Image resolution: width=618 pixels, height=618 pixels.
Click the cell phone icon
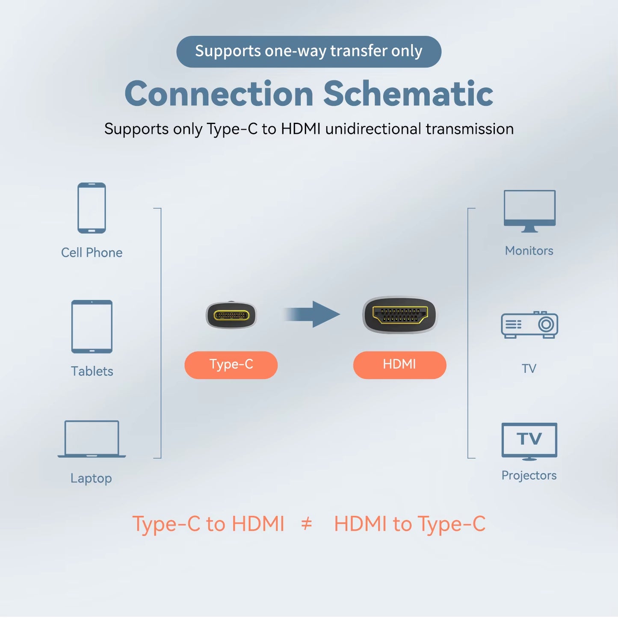click(x=92, y=208)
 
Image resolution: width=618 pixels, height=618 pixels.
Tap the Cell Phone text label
click(x=92, y=253)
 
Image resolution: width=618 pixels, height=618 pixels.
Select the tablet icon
click(x=92, y=326)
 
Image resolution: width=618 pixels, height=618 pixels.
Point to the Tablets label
click(x=92, y=371)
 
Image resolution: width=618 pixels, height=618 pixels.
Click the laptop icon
click(x=92, y=439)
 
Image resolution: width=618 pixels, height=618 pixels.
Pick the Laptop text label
click(x=91, y=478)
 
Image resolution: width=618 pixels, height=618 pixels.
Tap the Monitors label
click(x=529, y=251)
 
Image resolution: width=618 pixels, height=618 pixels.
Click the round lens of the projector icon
click(x=546, y=324)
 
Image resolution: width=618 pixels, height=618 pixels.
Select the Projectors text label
click(x=529, y=476)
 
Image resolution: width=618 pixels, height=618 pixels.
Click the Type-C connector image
click(x=231, y=316)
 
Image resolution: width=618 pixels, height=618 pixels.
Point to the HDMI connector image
click(x=399, y=315)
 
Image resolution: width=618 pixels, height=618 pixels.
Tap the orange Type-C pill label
click(x=231, y=365)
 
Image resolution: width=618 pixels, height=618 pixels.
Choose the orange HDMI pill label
click(x=399, y=365)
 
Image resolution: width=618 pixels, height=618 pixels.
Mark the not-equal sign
click(x=307, y=523)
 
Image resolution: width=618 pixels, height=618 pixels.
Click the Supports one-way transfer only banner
click(x=309, y=51)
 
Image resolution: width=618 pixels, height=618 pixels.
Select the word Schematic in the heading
click(x=408, y=94)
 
